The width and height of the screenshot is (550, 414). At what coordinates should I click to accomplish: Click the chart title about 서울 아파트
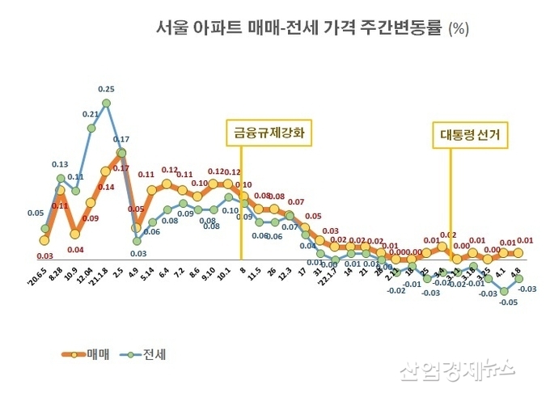tap(312, 28)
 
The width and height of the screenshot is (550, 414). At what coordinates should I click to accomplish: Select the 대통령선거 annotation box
tap(469, 136)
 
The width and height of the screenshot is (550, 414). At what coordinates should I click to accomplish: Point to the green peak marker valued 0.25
tap(106, 103)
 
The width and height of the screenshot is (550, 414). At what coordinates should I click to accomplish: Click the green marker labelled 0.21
tap(91, 128)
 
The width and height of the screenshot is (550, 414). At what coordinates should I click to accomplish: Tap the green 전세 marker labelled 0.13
tap(60, 178)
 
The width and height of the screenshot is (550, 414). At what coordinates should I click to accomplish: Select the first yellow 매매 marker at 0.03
tap(44, 240)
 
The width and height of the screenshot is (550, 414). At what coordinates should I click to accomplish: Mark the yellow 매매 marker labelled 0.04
tap(75, 234)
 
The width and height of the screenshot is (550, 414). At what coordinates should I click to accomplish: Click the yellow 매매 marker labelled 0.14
tap(106, 171)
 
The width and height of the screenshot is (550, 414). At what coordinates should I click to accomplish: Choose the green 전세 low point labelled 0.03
tap(137, 240)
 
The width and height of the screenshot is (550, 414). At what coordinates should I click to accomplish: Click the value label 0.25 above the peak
tap(106, 89)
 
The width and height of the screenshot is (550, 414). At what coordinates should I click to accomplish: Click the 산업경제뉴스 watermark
tap(457, 370)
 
